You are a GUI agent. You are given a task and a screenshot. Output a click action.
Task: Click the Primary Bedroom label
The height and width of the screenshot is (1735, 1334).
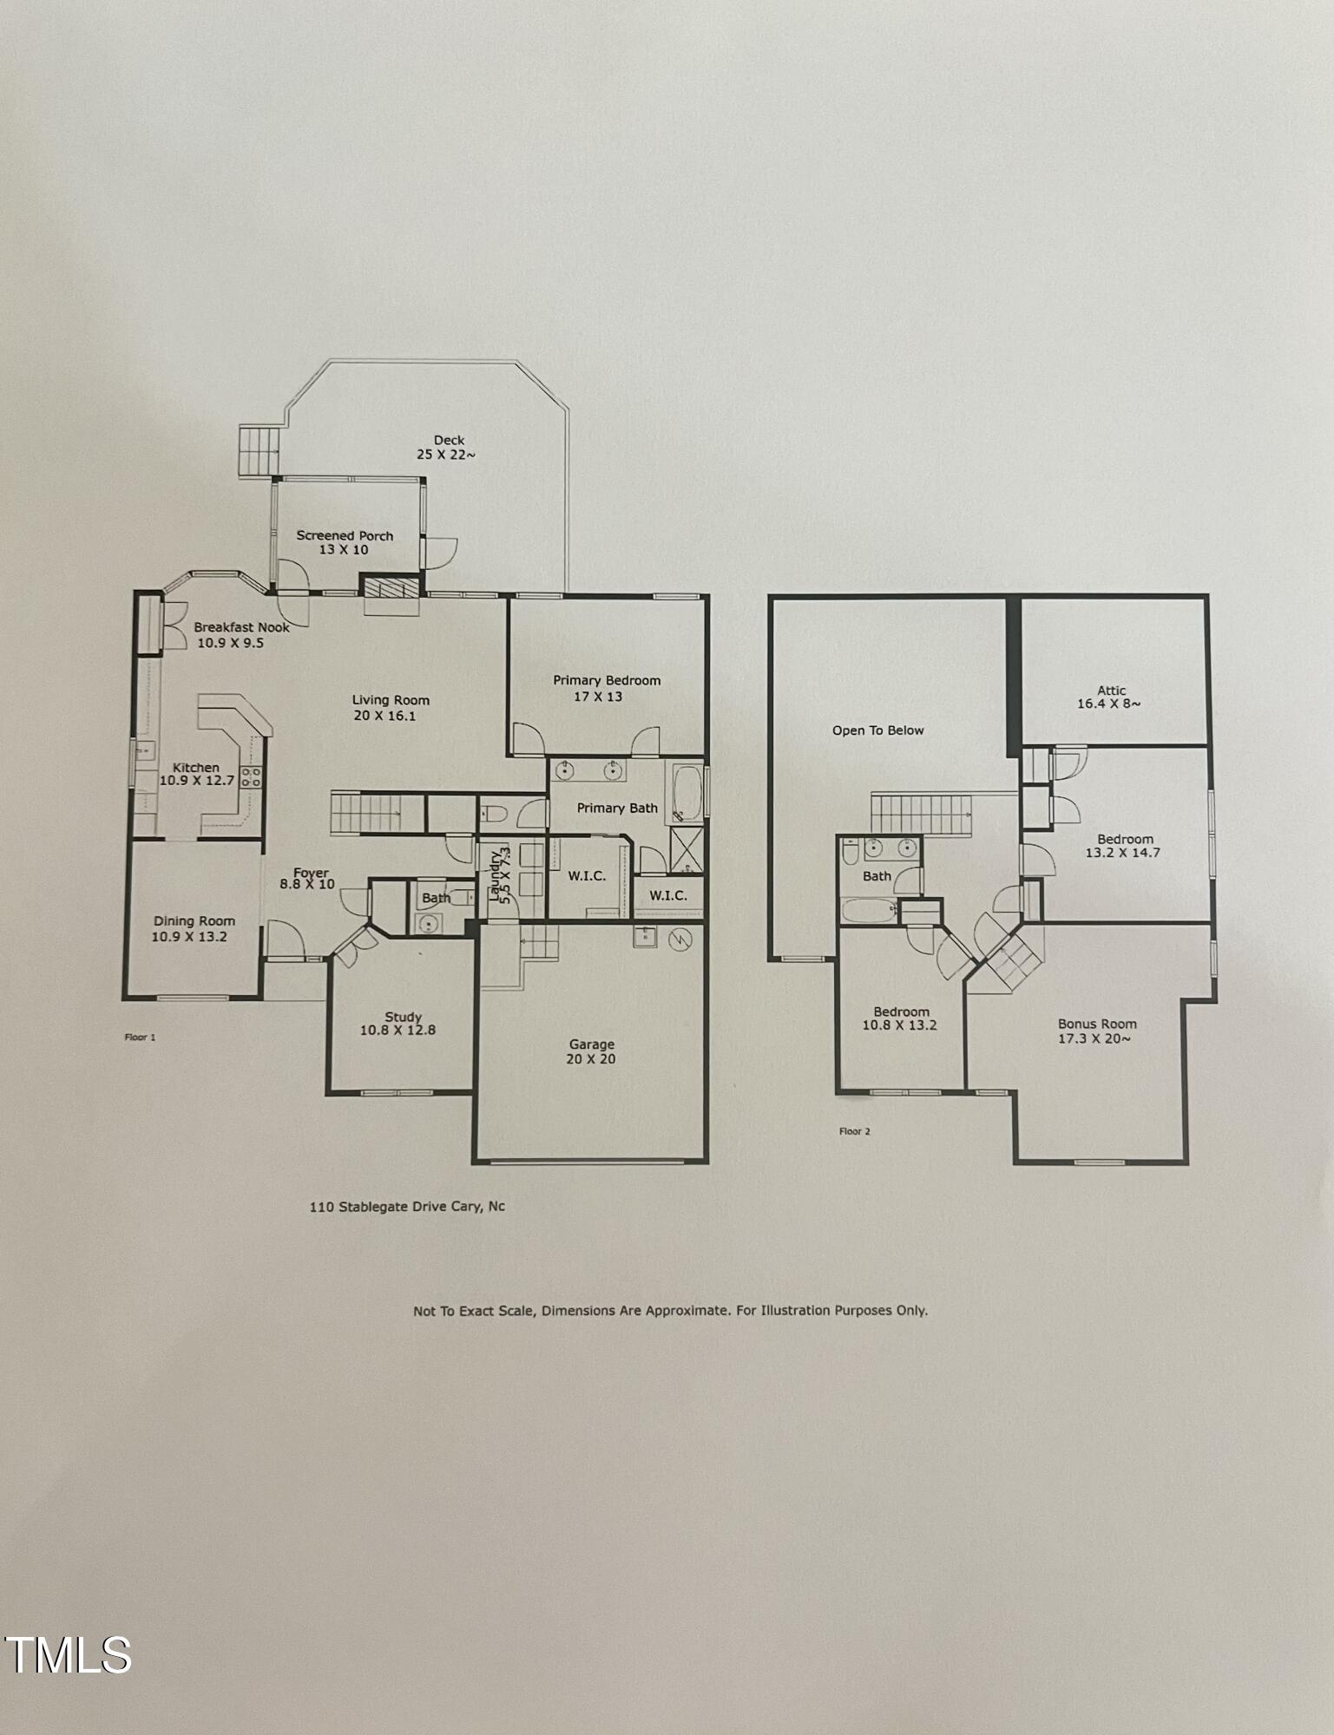click(606, 688)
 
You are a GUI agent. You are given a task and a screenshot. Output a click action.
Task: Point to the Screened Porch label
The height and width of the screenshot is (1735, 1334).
click(345, 542)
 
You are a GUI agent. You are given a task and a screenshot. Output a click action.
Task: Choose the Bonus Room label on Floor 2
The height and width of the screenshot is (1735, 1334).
click(1096, 1031)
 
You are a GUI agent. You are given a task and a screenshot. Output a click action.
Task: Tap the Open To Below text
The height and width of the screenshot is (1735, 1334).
click(877, 730)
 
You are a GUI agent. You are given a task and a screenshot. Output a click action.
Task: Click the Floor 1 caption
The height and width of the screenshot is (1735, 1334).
click(140, 1037)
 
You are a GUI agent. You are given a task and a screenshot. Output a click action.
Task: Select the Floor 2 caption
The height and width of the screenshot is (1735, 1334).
click(854, 1131)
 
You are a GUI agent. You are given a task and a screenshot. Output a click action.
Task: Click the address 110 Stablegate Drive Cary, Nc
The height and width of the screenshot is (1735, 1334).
click(407, 1206)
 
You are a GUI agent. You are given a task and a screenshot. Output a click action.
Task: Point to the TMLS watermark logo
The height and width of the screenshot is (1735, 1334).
click(68, 1655)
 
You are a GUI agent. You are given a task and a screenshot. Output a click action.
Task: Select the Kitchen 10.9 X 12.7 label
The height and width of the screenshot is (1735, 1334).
click(196, 774)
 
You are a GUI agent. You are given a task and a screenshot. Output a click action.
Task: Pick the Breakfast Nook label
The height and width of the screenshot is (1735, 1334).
click(240, 634)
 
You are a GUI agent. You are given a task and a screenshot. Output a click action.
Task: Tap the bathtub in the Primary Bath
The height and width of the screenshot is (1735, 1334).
click(687, 791)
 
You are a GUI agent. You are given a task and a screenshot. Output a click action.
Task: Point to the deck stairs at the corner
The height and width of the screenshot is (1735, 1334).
click(260, 450)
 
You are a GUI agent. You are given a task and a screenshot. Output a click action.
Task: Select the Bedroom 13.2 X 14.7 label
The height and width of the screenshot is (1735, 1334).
click(1124, 845)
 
